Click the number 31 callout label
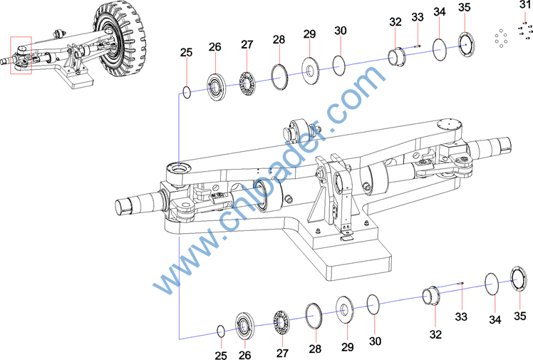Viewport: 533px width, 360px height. pyautogui.click(x=525, y=4)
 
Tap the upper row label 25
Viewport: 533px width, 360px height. pyautogui.click(x=186, y=52)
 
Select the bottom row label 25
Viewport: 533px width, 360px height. pyautogui.click(x=221, y=355)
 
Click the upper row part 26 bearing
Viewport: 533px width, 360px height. pyautogui.click(x=217, y=87)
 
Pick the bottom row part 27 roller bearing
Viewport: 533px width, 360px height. pyautogui.click(x=281, y=323)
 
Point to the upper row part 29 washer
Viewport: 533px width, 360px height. pyautogui.click(x=311, y=71)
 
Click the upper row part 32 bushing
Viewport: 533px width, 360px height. pyautogui.click(x=397, y=58)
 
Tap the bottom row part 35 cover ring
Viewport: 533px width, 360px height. pyautogui.click(x=519, y=279)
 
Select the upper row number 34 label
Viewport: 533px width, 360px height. pyautogui.click(x=440, y=12)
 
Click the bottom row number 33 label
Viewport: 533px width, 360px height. pyautogui.click(x=461, y=317)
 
